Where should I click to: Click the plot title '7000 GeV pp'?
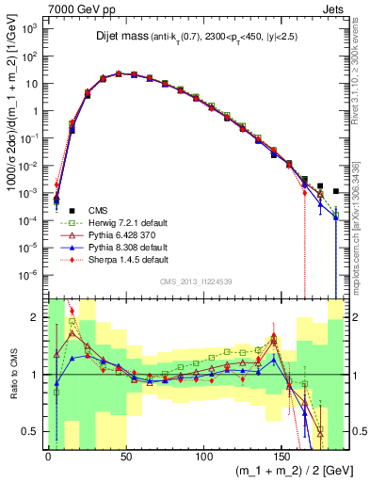click(76, 8)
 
